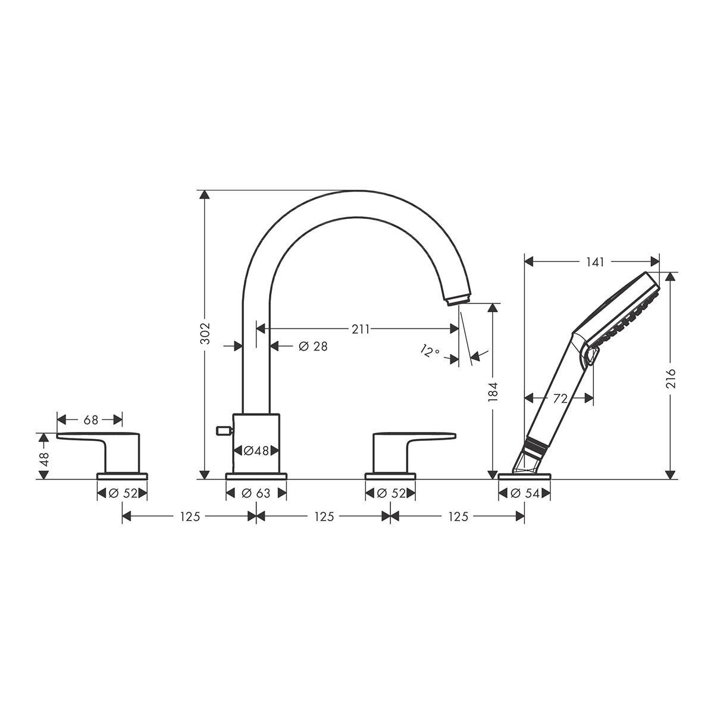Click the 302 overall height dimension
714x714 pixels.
[205, 333]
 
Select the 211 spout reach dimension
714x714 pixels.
[361, 329]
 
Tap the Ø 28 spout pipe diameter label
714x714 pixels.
[313, 346]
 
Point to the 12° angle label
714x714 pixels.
[430, 350]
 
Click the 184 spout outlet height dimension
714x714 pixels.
[493, 392]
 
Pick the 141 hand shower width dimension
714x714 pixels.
[595, 262]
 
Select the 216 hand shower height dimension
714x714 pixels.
[671, 378]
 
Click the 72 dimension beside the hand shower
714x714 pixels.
[560, 399]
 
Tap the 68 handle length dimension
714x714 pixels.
[91, 420]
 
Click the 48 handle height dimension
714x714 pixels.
[43, 459]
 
